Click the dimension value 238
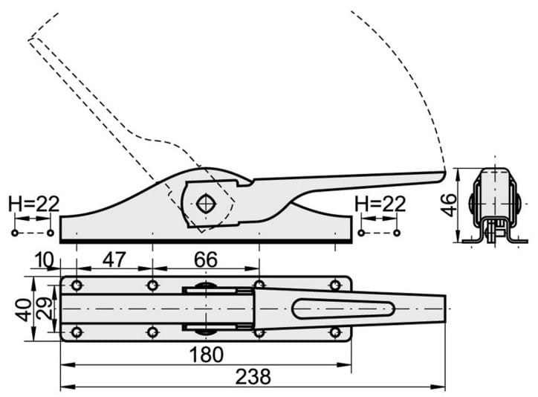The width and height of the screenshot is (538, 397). [x=253, y=376]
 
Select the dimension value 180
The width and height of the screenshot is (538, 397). [x=207, y=355]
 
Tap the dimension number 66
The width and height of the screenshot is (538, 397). [x=206, y=259]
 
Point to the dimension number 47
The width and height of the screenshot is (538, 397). [x=114, y=259]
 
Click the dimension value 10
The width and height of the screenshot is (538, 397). [x=44, y=260]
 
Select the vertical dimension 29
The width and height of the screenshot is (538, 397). [x=44, y=309]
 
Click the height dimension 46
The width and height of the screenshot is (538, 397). [x=449, y=205]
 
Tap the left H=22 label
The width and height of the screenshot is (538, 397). [x=34, y=204]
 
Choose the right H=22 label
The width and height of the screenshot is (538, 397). [x=380, y=204]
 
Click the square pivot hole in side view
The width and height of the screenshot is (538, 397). [x=206, y=204]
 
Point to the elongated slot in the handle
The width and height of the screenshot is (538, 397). [x=343, y=309]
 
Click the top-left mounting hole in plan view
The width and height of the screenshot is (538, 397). [x=77, y=285]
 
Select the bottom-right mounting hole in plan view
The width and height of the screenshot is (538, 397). [x=335, y=332]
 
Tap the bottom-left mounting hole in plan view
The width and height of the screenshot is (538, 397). [x=77, y=332]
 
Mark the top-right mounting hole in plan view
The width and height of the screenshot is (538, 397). [x=335, y=285]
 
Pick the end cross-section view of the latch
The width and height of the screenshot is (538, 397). [x=494, y=205]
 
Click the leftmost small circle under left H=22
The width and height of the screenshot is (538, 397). [x=15, y=233]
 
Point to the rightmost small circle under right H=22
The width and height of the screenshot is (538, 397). [x=397, y=233]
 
